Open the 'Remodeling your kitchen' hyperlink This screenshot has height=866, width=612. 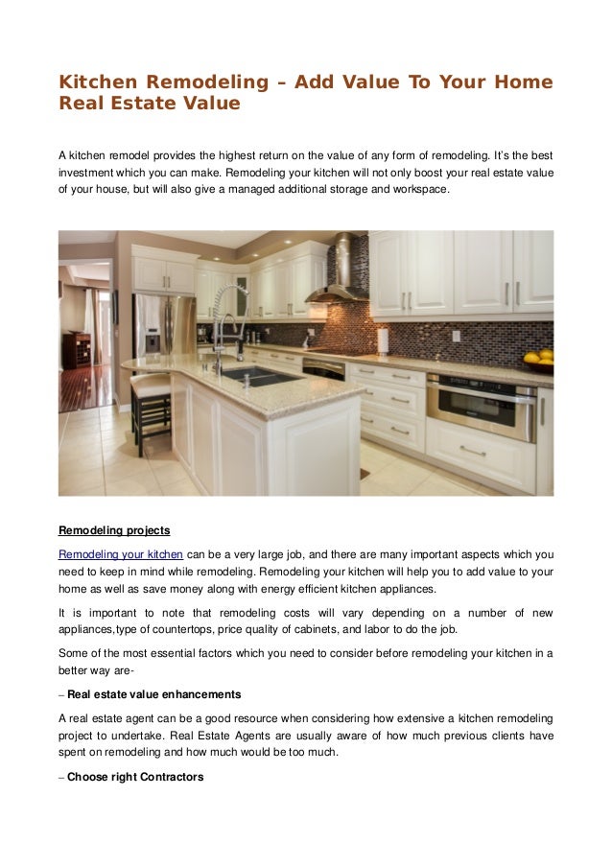(121, 553)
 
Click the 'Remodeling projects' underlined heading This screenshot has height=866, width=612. (114, 530)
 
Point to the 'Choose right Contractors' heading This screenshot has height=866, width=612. (135, 777)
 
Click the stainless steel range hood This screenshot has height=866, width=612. (340, 273)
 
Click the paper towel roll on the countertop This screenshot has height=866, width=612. (383, 340)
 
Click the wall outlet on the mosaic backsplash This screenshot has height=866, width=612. (456, 337)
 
